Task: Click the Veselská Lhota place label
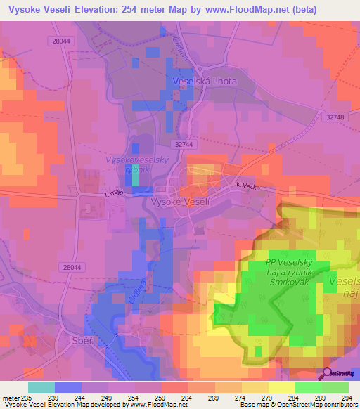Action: [x=205, y=82]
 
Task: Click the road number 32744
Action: [x=184, y=143]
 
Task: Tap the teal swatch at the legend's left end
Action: [x=41, y=387]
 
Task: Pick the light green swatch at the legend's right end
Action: [x=335, y=387]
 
